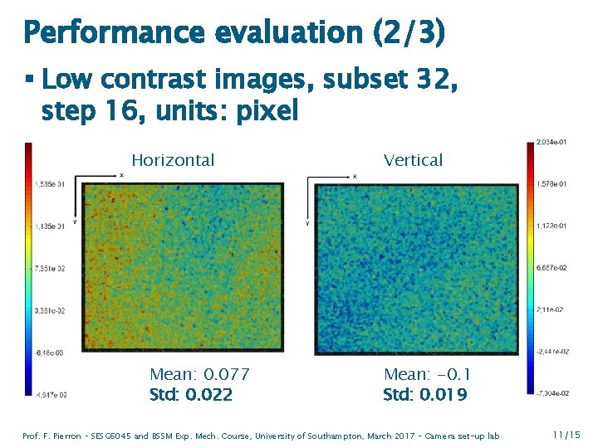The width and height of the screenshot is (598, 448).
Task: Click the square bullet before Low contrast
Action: (29, 80)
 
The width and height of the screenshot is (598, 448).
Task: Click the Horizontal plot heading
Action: (173, 160)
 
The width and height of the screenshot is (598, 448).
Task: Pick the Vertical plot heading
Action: (413, 160)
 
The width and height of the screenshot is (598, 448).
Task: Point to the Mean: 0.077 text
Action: (199, 375)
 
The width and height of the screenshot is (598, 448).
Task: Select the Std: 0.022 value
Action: (191, 394)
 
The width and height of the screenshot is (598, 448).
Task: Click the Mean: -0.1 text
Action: (427, 375)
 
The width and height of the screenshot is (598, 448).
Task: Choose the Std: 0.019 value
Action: (425, 394)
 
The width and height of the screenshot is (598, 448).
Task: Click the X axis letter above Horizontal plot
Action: (121, 176)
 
